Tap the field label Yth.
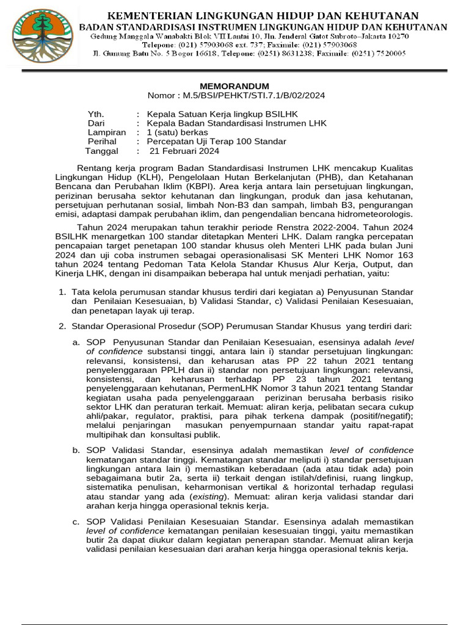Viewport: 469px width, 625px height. point(96,114)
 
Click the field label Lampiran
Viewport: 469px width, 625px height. point(107,132)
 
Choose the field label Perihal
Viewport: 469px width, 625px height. point(103,142)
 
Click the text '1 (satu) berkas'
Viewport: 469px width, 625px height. point(177,132)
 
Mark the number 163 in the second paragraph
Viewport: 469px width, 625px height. point(404,255)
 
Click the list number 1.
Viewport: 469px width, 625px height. point(62,292)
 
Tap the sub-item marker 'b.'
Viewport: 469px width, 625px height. point(76,450)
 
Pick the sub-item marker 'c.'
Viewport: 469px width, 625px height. point(76,522)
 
